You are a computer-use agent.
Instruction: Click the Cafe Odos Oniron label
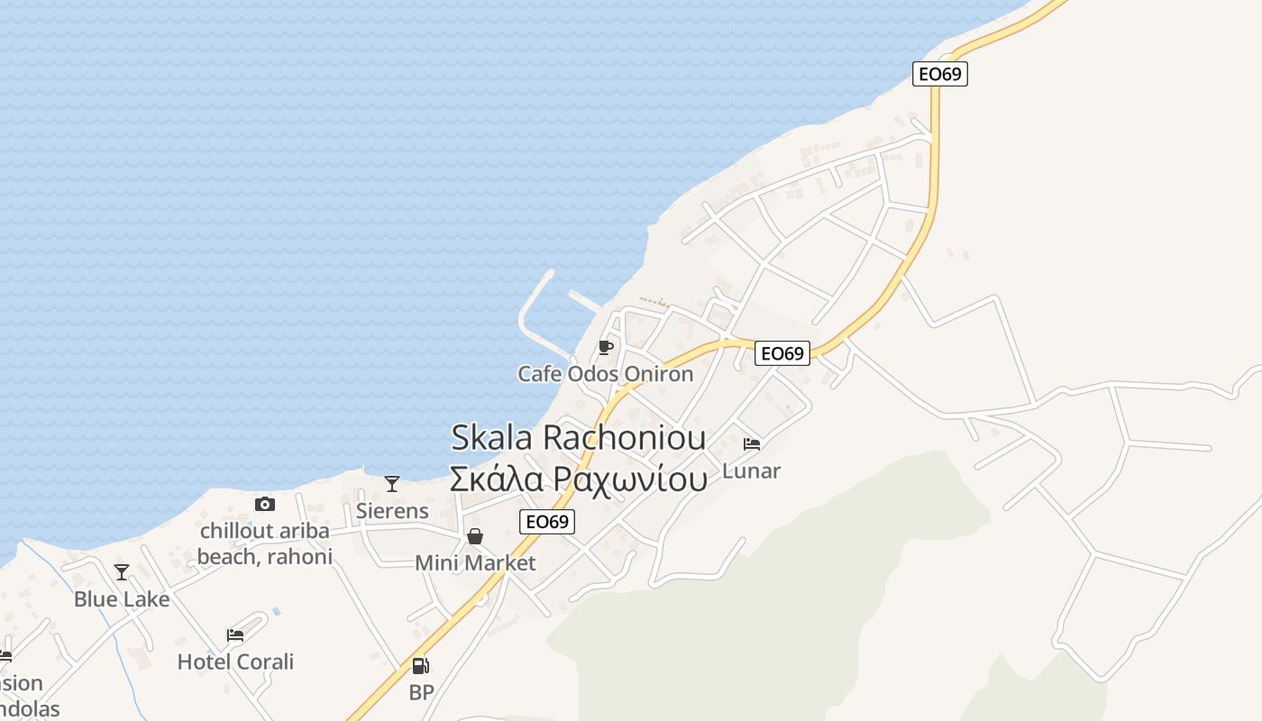point(605,373)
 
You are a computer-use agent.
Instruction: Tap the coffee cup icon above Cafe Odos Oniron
point(605,347)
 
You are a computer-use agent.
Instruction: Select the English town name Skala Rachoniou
point(578,438)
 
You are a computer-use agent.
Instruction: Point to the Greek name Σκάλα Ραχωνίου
point(578,478)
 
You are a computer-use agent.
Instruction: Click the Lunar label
point(751,470)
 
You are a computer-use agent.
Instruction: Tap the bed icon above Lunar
point(751,444)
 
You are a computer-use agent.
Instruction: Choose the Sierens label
point(392,510)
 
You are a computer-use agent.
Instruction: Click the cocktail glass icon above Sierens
point(392,484)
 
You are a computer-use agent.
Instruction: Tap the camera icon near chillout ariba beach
point(264,504)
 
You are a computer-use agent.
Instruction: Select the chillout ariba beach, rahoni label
point(264,543)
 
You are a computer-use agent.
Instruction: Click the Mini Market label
point(475,563)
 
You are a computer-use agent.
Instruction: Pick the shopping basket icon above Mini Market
point(475,537)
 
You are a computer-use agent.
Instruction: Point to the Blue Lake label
point(122,598)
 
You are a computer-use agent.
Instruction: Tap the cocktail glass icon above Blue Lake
point(122,572)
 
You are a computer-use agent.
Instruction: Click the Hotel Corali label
point(235,662)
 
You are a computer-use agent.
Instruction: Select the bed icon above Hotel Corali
point(235,635)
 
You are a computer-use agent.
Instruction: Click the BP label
point(421,692)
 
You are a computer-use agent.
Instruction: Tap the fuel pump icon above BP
point(420,666)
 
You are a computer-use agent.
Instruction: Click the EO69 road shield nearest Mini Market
point(547,522)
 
